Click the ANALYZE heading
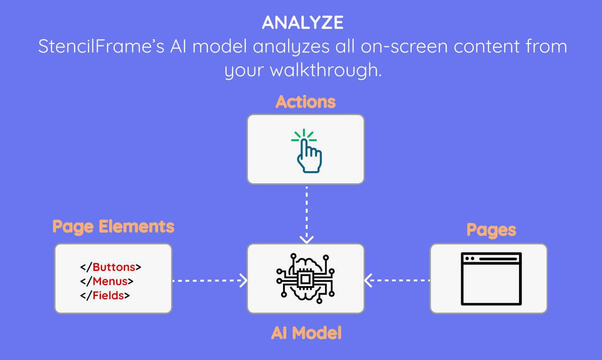point(303,22)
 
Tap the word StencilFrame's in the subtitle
point(101,46)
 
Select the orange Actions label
point(306,102)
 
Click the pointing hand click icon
point(306,151)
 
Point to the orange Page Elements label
point(113,227)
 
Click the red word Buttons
point(114,267)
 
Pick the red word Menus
point(110,281)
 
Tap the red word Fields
point(108,296)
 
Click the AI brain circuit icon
point(305,279)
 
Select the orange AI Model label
point(306,333)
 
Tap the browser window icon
point(491,279)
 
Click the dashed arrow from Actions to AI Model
point(307,215)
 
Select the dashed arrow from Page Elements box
point(210,280)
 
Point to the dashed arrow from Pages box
point(397,280)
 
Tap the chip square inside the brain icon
point(305,279)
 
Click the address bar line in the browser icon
point(498,259)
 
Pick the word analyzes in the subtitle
point(291,47)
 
